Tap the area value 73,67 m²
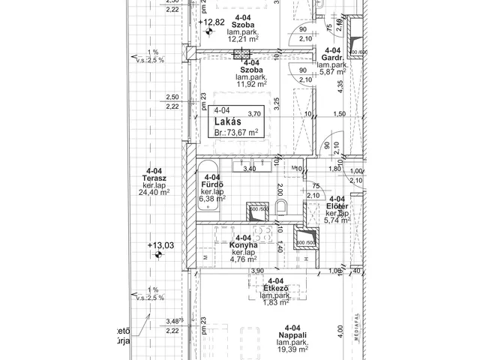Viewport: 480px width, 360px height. click(241, 131)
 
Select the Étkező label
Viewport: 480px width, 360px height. click(277, 288)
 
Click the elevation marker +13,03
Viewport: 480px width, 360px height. click(161, 245)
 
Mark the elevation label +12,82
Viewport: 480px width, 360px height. click(213, 22)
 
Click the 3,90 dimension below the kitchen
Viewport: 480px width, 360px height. click(257, 271)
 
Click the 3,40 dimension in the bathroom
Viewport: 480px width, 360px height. click(250, 169)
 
